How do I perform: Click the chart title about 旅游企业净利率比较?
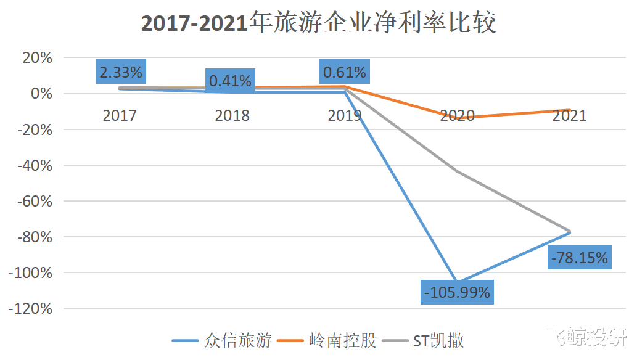tap(318, 23)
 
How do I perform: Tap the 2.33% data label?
tap(121, 72)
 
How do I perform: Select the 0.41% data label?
tap(230, 81)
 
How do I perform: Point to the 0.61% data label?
tap(345, 72)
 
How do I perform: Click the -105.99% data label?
tap(457, 292)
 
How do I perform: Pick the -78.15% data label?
tap(578, 258)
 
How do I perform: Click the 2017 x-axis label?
tap(120, 115)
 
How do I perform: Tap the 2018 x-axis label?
tap(232, 115)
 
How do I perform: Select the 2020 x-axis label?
tap(457, 115)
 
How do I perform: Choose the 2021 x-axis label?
tap(569, 115)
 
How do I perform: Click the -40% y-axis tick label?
tap(35, 165)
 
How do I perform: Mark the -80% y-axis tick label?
tap(35, 237)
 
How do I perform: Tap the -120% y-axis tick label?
tap(32, 308)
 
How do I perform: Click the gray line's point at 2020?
tap(457, 171)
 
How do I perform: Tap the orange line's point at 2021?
tap(569, 110)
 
